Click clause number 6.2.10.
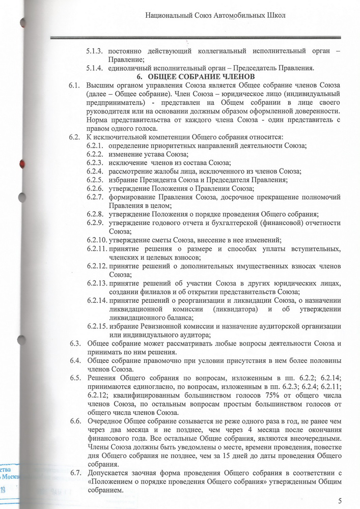coord(97,240)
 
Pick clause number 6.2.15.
coord(97,326)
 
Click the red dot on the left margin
coord(21,163)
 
